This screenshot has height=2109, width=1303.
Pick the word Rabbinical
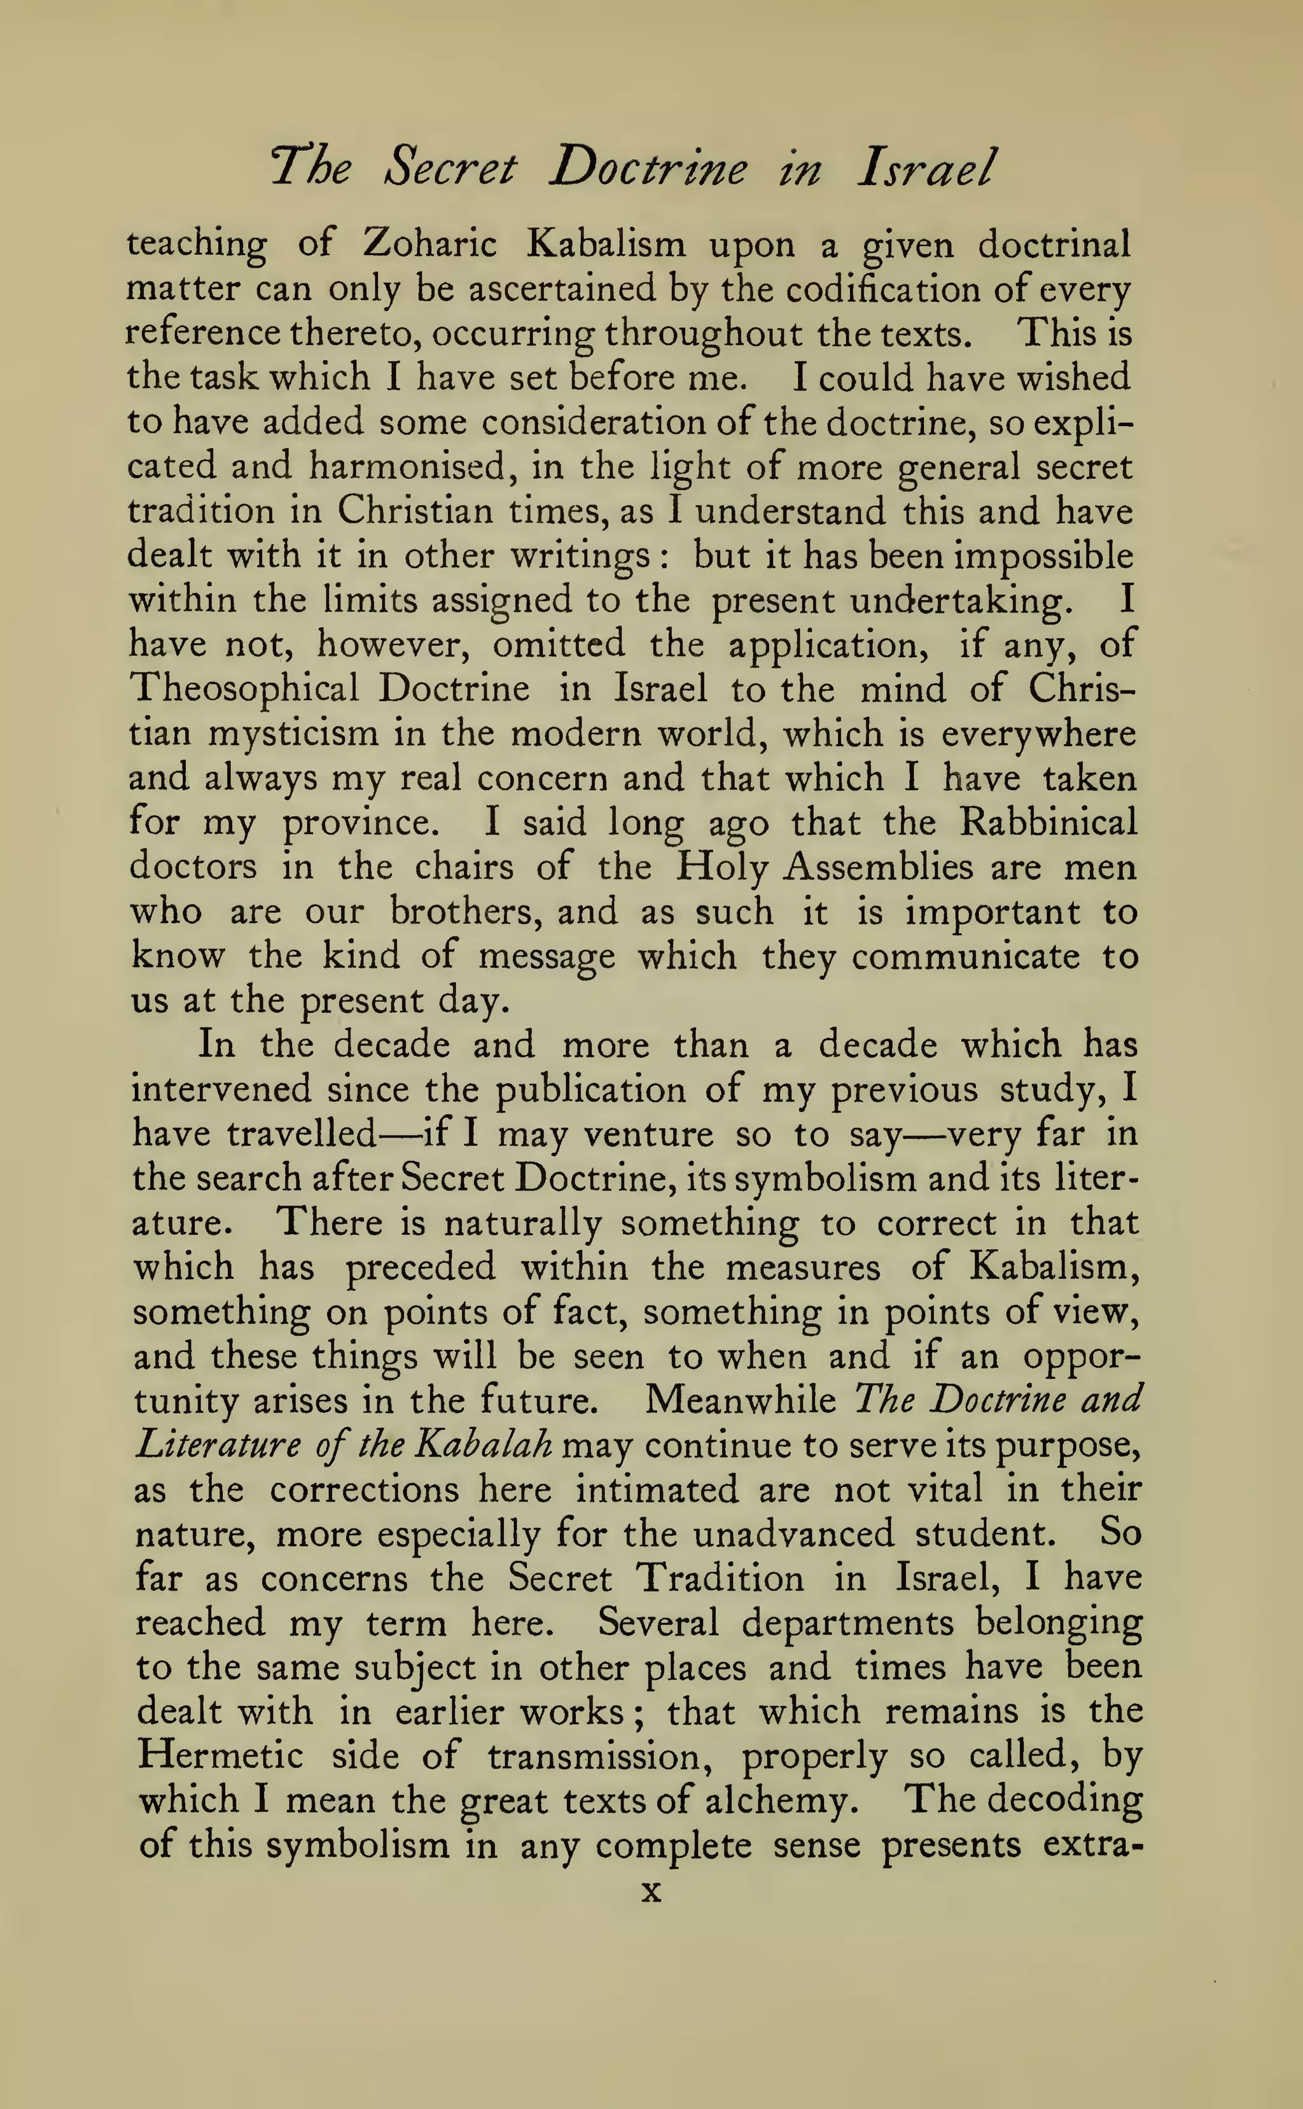pos(1048,823)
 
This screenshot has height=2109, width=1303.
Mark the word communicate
pos(965,956)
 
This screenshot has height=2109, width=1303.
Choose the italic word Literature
pos(217,1444)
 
